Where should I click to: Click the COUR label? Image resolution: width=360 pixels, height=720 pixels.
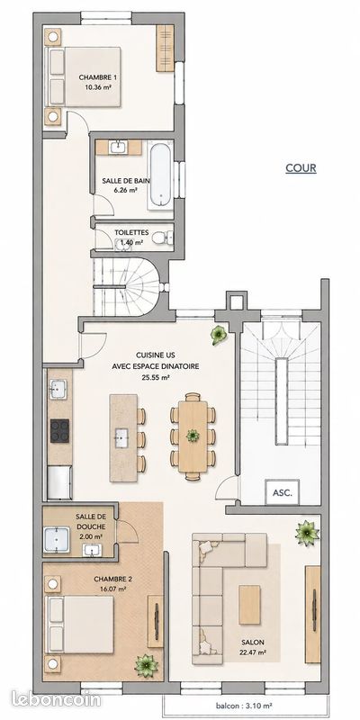(x=301, y=168)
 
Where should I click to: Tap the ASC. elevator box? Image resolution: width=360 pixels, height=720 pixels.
(x=283, y=491)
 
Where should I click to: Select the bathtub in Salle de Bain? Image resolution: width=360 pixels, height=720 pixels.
(x=161, y=175)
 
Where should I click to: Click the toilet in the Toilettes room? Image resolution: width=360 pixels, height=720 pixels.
(x=162, y=238)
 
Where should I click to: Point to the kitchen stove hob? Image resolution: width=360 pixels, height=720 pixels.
(x=59, y=431)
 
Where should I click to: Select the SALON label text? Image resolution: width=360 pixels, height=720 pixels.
(x=254, y=643)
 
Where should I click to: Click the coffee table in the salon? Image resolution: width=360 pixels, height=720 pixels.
(x=249, y=605)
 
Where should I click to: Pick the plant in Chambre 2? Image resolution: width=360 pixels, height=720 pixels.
(x=146, y=665)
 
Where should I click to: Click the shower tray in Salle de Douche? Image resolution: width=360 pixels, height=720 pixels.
(x=57, y=539)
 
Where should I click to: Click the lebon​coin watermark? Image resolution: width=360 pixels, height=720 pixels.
(x=56, y=699)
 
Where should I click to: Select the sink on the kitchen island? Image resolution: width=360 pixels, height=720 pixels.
(x=122, y=435)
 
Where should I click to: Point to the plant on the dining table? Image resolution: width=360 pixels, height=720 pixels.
(x=193, y=436)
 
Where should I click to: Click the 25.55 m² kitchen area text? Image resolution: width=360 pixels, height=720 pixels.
(x=156, y=378)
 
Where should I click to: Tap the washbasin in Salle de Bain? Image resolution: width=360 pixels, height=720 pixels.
(x=118, y=147)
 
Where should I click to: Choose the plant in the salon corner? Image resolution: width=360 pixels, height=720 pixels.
(x=307, y=533)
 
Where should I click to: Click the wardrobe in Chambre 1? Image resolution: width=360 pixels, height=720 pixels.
(x=165, y=49)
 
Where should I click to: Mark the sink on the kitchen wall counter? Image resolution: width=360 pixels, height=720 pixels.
(x=58, y=390)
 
